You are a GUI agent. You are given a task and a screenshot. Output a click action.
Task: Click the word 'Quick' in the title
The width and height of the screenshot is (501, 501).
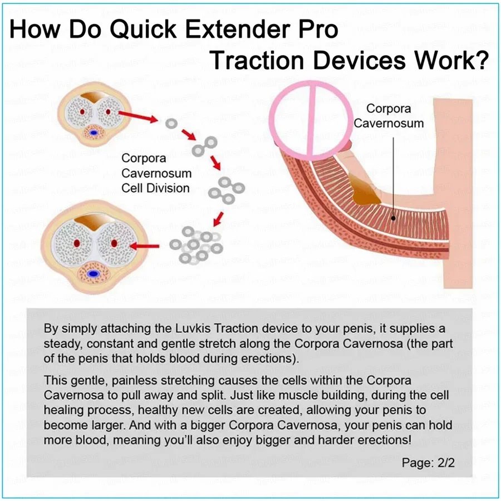tap(144, 30)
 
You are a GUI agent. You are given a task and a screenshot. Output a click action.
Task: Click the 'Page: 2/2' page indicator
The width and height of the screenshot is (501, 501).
tap(428, 463)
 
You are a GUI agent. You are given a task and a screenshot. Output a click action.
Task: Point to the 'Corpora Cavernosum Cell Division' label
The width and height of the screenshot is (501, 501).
tap(156, 173)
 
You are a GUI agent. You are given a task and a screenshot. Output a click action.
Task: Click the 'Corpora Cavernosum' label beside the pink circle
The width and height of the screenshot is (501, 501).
tap(389, 116)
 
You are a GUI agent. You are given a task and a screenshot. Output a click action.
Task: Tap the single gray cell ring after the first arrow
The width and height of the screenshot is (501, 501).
tap(171, 124)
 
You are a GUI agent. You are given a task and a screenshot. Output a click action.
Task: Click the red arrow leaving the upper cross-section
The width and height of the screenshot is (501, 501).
tap(138, 116)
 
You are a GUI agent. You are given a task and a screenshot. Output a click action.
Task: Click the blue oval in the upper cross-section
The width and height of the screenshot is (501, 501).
tap(94, 132)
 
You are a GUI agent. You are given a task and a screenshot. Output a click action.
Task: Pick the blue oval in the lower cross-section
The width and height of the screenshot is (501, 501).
tap(94, 274)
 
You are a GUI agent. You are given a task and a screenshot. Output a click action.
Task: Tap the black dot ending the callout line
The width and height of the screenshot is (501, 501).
tap(394, 218)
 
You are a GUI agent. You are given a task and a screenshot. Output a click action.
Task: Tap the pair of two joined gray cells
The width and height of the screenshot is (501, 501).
tap(204, 146)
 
